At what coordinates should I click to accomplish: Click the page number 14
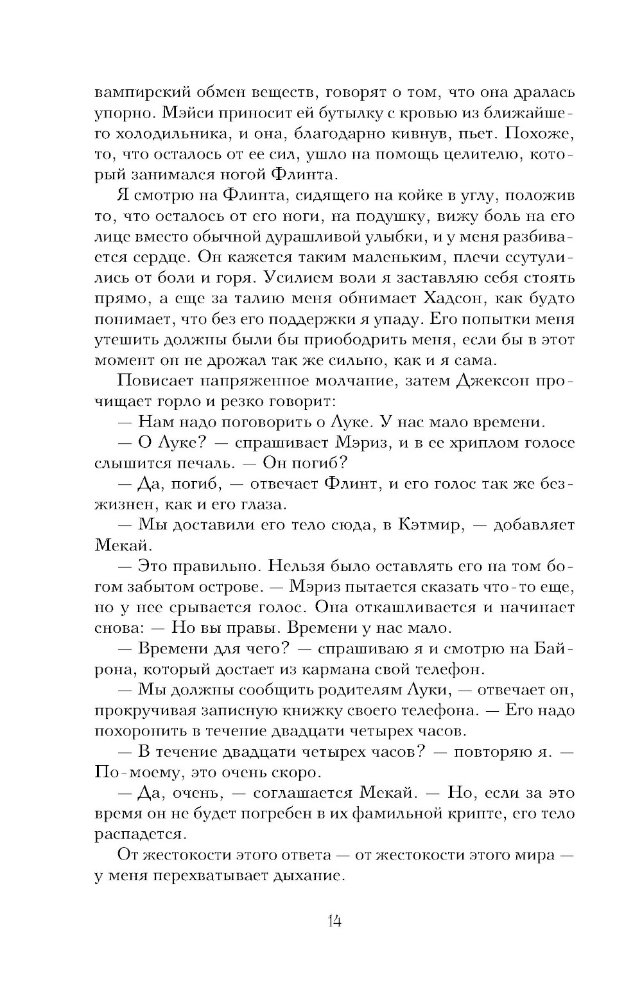(333, 921)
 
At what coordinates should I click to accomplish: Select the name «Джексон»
(492, 382)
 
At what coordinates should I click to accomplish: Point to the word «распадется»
(141, 834)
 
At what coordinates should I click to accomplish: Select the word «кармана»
(320, 669)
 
